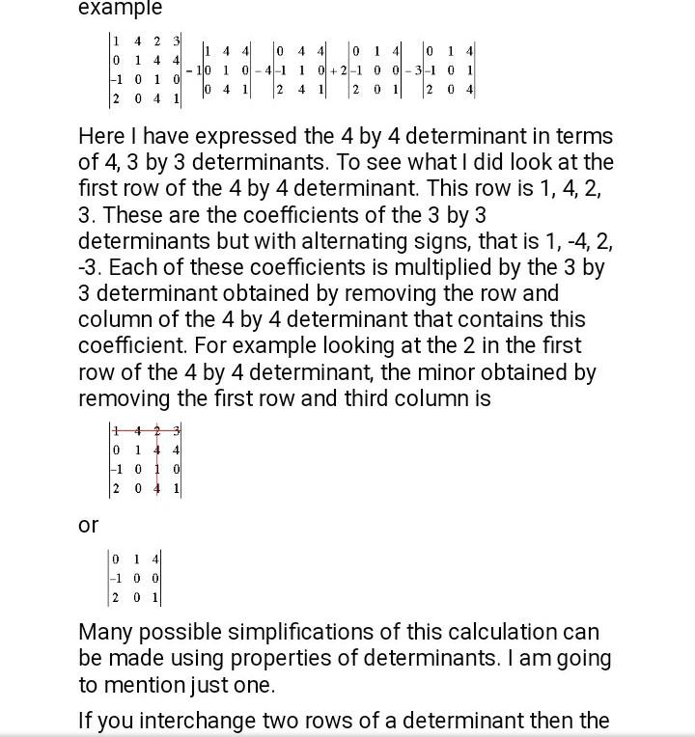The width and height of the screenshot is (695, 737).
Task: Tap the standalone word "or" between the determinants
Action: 88,525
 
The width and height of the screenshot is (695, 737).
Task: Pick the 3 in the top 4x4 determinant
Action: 177,41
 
